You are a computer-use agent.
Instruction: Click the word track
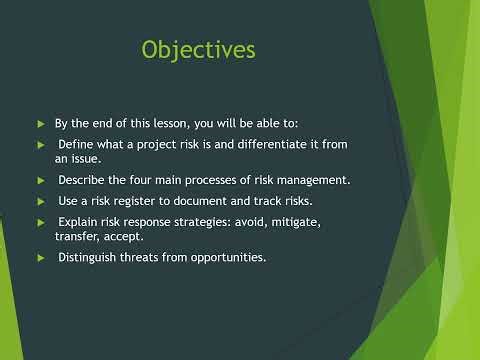tap(279, 200)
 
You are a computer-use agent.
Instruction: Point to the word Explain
tap(79, 221)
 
